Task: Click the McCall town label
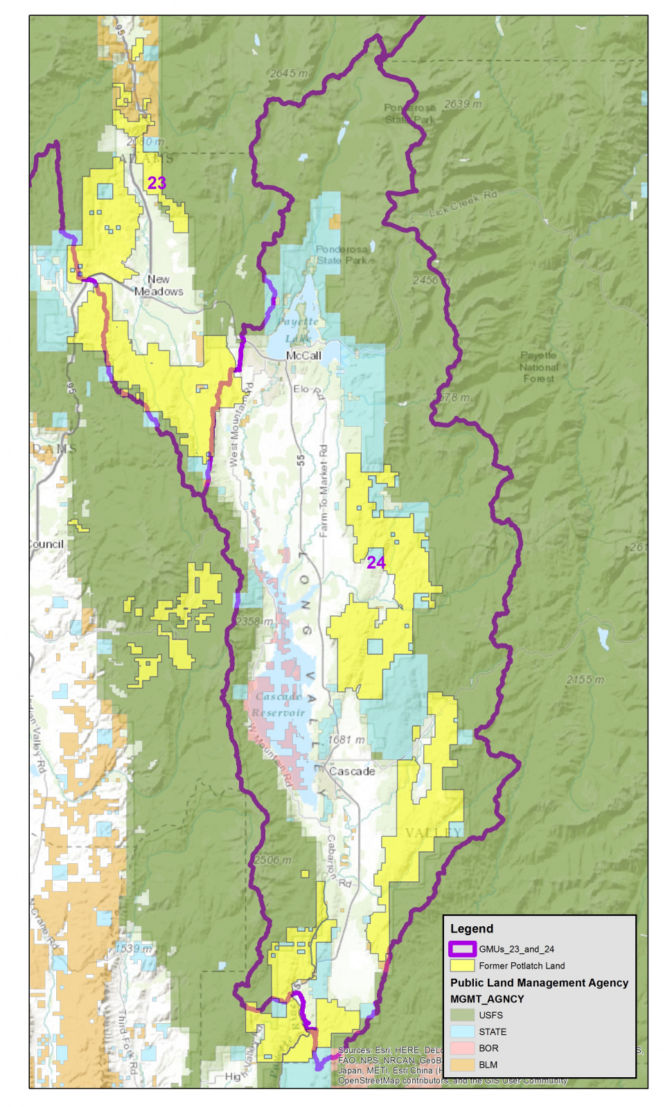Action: coord(303,355)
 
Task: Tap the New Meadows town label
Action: coord(159,285)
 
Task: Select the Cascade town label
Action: coord(352,771)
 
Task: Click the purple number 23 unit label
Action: coord(157,183)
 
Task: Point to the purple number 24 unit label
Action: coord(376,563)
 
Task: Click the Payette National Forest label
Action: coord(539,367)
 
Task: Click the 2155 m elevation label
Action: coord(585,680)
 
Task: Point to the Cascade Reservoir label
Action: coord(278,705)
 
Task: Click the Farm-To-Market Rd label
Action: coord(324,491)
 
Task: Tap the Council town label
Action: coord(46,544)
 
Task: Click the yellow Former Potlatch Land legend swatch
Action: coord(462,966)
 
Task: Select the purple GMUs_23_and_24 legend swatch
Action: coord(462,949)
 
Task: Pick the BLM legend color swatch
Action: coord(462,1065)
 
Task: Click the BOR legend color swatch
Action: coord(462,1048)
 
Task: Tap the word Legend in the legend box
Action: coord(472,929)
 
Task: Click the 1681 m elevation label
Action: coord(346,740)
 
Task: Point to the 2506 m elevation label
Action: coord(272,860)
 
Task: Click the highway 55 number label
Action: coord(301,459)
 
